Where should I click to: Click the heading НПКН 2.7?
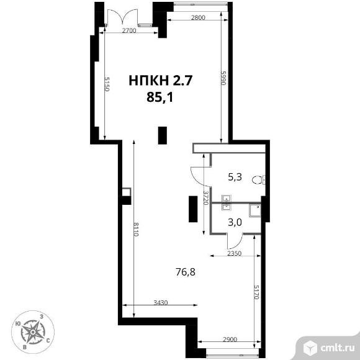tap(160, 81)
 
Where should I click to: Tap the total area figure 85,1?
tap(160, 97)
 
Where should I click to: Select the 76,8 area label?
tap(186, 272)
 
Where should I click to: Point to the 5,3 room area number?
tap(235, 178)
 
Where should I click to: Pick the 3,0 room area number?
tap(235, 222)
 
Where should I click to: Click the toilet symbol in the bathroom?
tap(259, 180)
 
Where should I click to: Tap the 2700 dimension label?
tap(129, 30)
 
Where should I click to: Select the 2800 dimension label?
tap(198, 17)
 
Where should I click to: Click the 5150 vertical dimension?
tap(107, 84)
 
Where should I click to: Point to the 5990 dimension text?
tap(223, 78)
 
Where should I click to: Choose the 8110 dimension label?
tap(136, 229)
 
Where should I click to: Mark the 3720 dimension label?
tap(206, 197)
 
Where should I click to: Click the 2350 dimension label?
tap(234, 253)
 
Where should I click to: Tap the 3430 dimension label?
tap(161, 303)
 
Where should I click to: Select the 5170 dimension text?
tap(256, 292)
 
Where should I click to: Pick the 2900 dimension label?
tap(230, 340)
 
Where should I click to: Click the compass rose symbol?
tap(33, 332)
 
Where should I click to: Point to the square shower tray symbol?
tap(255, 211)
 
